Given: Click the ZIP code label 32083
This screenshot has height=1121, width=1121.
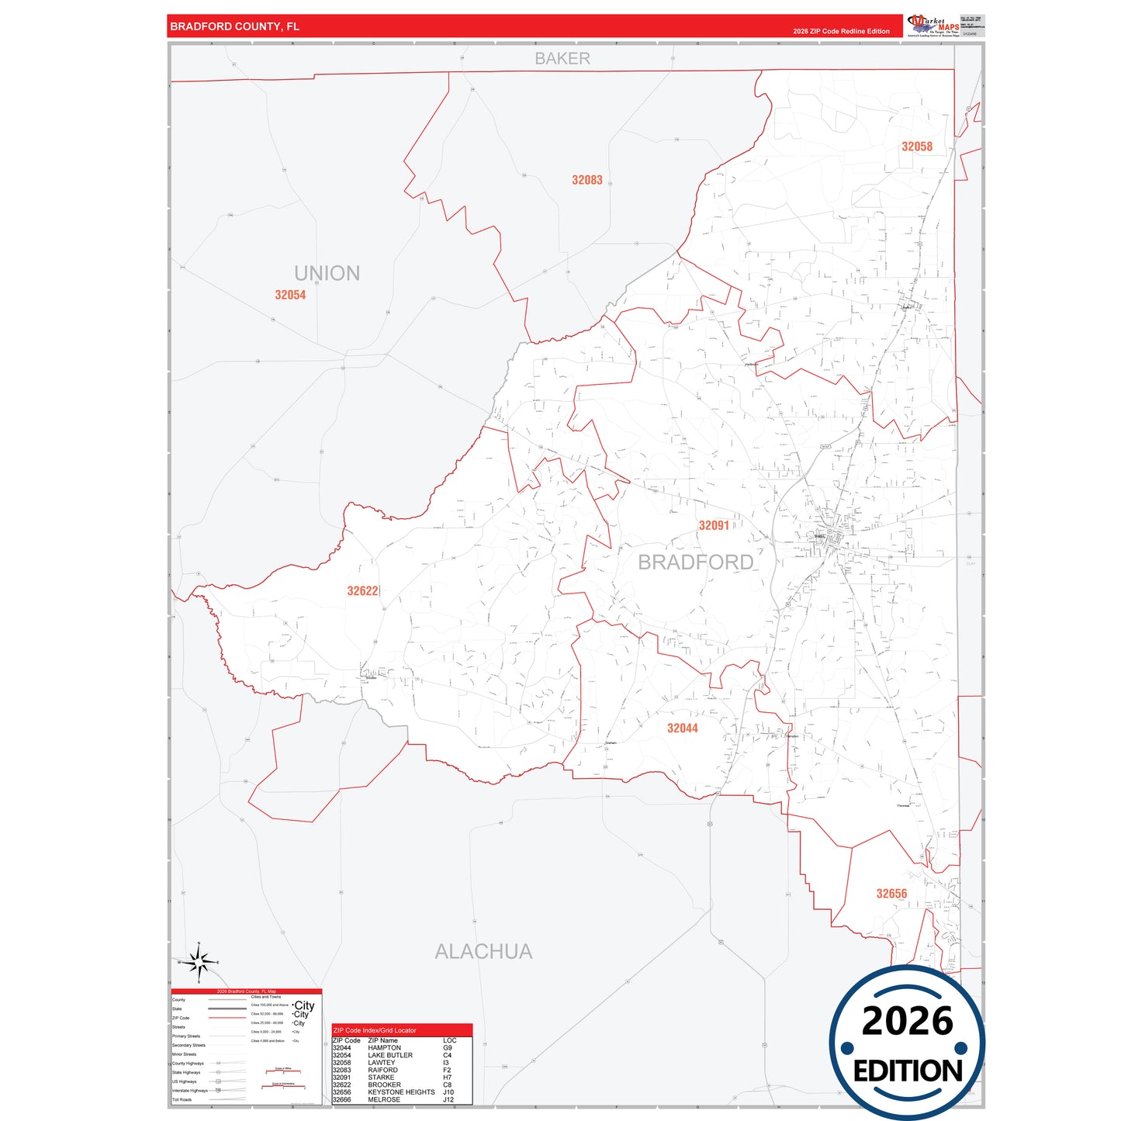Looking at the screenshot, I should [586, 180].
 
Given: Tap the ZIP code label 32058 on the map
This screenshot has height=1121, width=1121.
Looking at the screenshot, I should [916, 147].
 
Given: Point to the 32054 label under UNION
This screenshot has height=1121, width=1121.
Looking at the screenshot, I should [290, 295].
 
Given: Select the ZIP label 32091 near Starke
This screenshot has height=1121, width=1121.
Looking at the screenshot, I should [714, 526].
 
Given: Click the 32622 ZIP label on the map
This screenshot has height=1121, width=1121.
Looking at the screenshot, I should [362, 591].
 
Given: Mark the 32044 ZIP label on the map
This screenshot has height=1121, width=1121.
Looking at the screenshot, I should [682, 728].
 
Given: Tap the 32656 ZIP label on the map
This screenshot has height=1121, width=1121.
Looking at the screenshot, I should [891, 894].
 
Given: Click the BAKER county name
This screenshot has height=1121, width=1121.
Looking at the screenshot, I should [562, 59].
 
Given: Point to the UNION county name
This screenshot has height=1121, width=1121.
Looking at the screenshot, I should [327, 273].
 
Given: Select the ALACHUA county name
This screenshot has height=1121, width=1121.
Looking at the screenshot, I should [483, 952].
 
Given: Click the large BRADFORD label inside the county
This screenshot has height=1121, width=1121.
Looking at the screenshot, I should [695, 562].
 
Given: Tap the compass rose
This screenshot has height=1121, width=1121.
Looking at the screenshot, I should [199, 963].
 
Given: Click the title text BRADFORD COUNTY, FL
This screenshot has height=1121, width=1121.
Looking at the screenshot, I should [234, 26].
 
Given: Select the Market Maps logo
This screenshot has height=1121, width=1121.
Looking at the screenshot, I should [934, 26].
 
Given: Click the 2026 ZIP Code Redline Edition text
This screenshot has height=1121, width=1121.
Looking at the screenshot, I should [841, 32].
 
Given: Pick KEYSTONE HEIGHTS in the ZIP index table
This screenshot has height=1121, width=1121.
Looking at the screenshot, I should [401, 1092].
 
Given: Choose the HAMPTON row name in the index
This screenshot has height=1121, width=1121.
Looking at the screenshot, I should [384, 1048].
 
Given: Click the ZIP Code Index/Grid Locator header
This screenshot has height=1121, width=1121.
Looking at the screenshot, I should [375, 1030].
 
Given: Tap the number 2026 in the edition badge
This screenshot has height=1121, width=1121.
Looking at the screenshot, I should [907, 1021].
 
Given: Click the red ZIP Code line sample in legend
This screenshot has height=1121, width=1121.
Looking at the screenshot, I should [227, 1018].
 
